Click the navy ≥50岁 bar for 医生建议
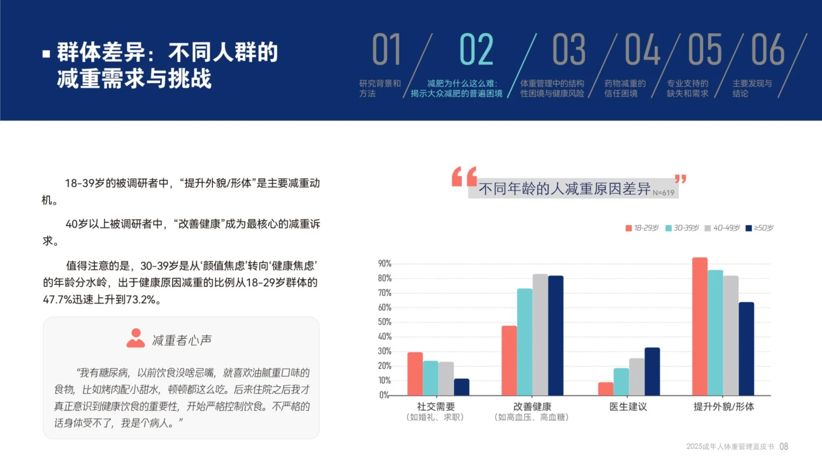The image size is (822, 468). (x=652, y=371)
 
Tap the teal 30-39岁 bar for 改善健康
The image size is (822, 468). (x=524, y=342)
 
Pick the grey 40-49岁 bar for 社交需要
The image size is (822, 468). (x=446, y=378)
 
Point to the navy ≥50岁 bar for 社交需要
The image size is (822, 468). (x=462, y=387)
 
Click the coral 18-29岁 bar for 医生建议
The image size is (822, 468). (x=606, y=389)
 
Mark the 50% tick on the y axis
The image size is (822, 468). (x=385, y=322)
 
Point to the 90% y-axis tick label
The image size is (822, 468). (x=385, y=263)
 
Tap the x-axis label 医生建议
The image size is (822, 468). (x=628, y=406)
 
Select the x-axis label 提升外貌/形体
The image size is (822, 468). (x=724, y=406)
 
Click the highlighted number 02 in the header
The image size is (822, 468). (x=476, y=49)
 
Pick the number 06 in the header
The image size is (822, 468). (x=768, y=49)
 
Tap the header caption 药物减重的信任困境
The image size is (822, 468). (x=625, y=88)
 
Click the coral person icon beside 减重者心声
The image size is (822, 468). (x=136, y=338)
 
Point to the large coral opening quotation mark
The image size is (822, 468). (x=464, y=177)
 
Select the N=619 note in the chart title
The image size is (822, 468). (x=663, y=193)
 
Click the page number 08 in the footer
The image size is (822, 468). (x=784, y=446)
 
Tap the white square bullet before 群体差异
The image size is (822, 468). (x=46, y=54)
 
